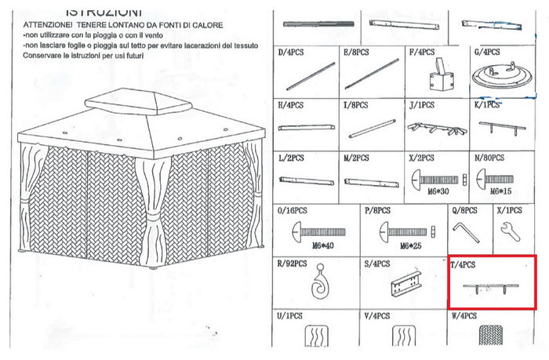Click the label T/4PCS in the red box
[464, 264]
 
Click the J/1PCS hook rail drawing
[435, 127]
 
